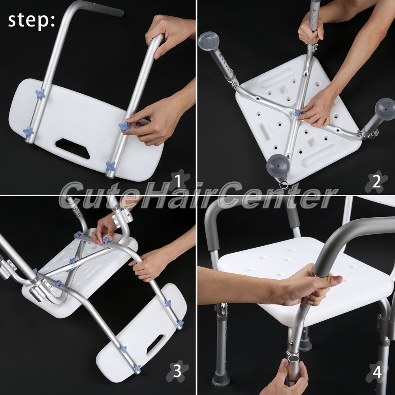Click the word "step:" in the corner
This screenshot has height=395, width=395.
(31, 21)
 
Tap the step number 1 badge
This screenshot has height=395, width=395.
(179, 181)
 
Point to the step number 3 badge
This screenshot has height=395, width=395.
(177, 371)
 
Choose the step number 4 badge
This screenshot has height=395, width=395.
(377, 372)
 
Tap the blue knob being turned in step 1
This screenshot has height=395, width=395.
(124, 127)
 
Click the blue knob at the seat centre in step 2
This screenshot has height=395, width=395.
(297, 113)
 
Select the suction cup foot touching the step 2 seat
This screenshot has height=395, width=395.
(278, 167)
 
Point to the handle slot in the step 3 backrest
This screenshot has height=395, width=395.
(155, 344)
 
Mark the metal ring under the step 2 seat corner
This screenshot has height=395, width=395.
(284, 184)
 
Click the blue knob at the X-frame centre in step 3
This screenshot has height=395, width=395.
(73, 260)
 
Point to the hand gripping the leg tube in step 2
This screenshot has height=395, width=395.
(310, 28)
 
